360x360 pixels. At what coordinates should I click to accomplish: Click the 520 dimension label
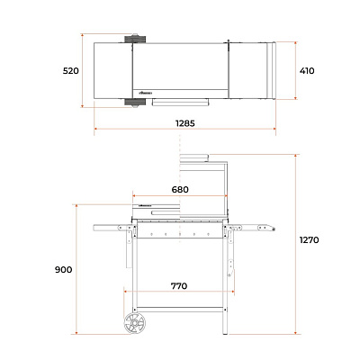pos(71,71)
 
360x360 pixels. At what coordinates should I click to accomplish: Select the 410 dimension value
pos(307,71)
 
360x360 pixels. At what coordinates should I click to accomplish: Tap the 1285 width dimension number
pos(185,123)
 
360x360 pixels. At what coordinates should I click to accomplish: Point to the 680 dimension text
pos(180,190)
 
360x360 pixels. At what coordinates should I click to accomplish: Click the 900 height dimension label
pos(63,270)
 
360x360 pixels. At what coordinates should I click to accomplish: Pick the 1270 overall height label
pos(309,240)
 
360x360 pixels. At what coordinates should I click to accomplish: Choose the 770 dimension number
pos(179,286)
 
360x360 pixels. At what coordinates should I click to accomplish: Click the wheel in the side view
pos(135,323)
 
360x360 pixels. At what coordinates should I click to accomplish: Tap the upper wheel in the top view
pos(135,39)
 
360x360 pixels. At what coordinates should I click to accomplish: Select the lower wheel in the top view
pos(135,102)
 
